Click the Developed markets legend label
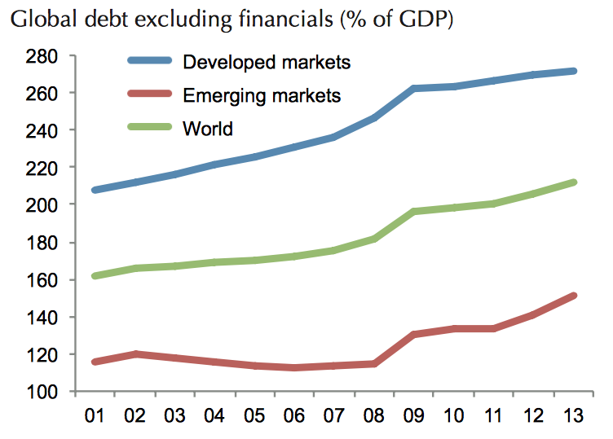point(267,62)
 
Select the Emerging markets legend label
point(262,95)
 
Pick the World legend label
point(209,128)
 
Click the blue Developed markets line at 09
point(414,88)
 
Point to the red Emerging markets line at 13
point(574,295)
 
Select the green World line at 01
point(95,276)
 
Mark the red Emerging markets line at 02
point(135,354)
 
